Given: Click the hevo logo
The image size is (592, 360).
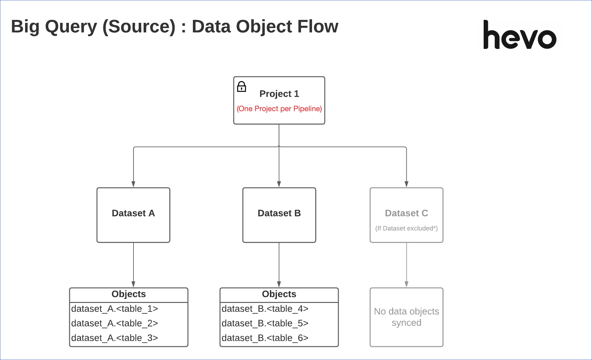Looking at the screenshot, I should (520, 35).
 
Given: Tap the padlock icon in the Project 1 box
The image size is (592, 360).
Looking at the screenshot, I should (241, 87).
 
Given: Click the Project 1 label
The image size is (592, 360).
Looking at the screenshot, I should (279, 94).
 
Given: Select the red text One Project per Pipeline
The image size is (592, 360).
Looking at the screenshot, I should (279, 109).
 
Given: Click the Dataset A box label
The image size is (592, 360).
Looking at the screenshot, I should (133, 213).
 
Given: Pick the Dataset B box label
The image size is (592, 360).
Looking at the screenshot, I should (279, 213).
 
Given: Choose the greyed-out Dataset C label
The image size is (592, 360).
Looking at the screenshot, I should (406, 213).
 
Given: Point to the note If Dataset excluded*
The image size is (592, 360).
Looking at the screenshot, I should (406, 228).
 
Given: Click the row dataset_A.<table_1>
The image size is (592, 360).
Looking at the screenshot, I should (115, 309).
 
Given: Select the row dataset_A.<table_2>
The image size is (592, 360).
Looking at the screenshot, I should (115, 323).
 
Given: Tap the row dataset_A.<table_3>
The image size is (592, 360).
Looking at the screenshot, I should (115, 338).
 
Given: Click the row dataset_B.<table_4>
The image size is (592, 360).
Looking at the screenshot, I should (265, 309).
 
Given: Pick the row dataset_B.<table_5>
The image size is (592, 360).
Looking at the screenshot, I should (265, 323).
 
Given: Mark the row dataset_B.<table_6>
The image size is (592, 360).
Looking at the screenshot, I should (265, 338).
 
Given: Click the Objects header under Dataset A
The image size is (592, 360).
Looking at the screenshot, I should (129, 294).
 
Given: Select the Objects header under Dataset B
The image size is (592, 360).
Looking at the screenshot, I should (279, 294).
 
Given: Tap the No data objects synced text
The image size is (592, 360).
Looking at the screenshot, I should (406, 317).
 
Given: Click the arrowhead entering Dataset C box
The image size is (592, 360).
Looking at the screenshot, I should (406, 184).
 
